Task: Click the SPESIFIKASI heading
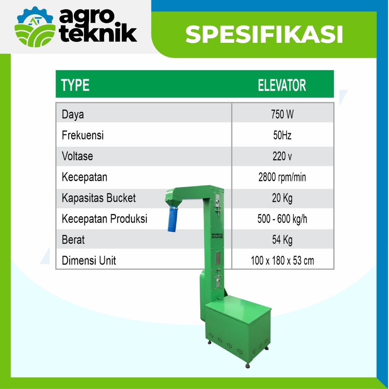point(264,34)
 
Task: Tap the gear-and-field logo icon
point(35,27)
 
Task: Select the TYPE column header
point(75,85)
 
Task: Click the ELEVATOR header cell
point(282,85)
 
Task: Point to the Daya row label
point(73,115)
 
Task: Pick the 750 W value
point(282,115)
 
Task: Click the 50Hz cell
point(282,135)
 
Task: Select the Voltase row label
point(77,156)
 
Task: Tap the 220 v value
point(282,156)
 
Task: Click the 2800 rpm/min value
point(282,177)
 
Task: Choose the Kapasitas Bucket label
point(99,198)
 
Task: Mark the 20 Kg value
point(282,198)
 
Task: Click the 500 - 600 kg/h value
point(282,219)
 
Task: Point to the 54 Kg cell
point(282,240)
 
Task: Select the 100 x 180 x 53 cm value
point(282,261)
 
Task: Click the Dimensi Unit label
point(89,261)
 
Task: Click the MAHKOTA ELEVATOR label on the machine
point(217,236)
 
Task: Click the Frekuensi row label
point(82,135)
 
